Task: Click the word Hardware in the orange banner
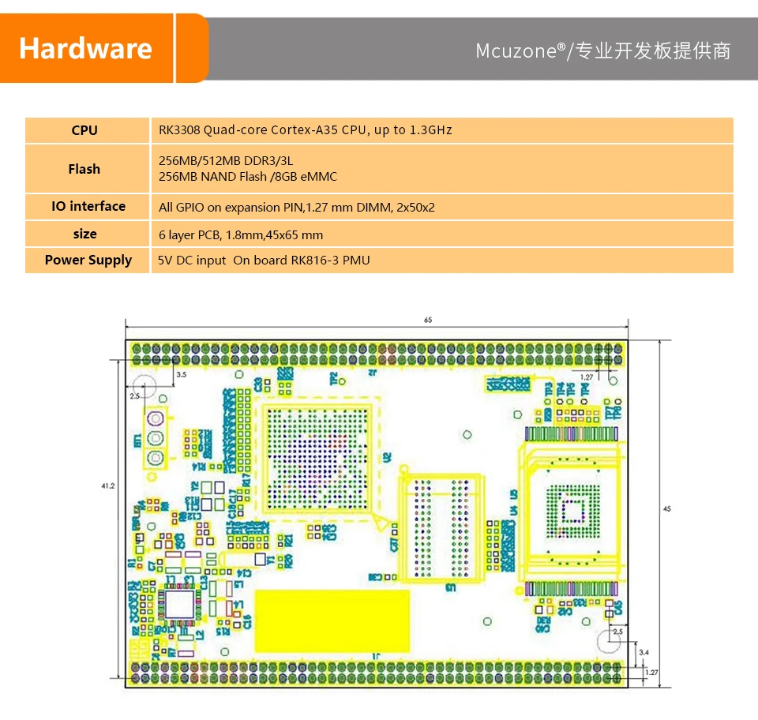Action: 85,48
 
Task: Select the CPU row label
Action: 84,130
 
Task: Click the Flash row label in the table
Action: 84,169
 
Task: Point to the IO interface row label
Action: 88,206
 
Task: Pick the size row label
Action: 85,234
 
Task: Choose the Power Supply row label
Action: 88,260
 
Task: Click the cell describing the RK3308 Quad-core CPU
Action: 305,130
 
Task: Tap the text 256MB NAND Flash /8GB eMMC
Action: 249,177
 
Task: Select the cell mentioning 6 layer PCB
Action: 241,234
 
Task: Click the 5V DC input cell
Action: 264,260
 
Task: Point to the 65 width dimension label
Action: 428,321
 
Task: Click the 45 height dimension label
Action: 667,509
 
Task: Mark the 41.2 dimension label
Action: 109,486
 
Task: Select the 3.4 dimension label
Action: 644,652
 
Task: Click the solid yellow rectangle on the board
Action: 332,621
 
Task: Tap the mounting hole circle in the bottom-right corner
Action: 609,641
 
